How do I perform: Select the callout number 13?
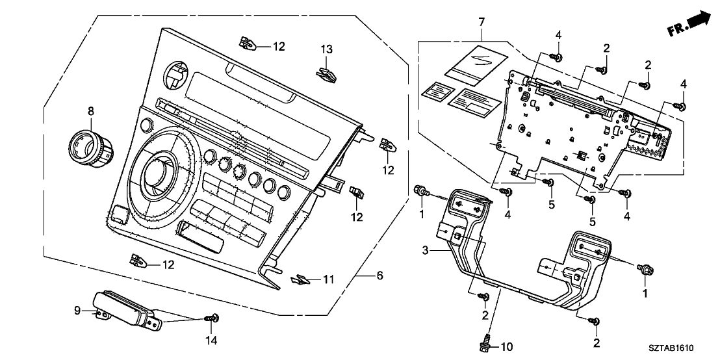[326, 49]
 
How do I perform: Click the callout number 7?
[481, 23]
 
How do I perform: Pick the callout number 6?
[379, 276]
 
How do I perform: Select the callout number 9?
[77, 311]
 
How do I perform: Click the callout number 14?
[211, 340]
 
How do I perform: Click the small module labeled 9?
[123, 308]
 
